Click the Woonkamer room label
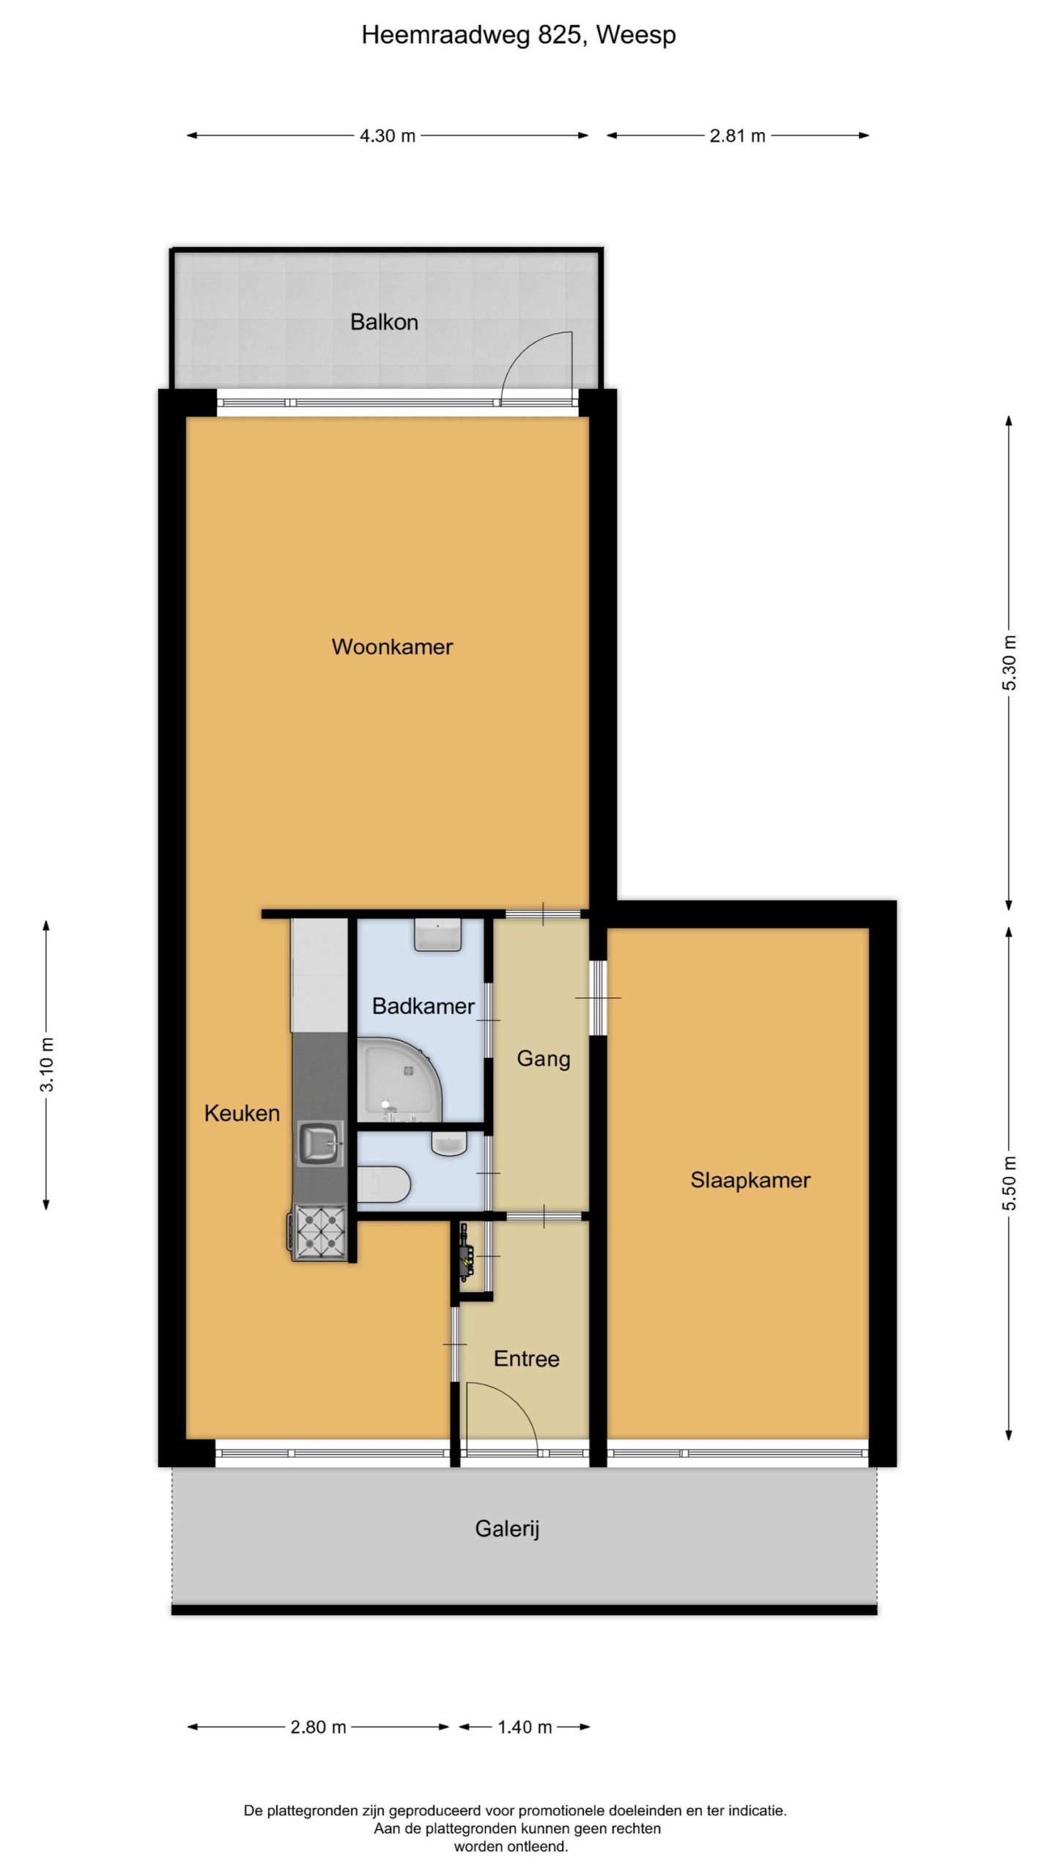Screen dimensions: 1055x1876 (x=392, y=646)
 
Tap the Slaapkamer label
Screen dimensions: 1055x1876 (x=750, y=1180)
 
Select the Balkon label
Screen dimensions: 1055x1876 (x=384, y=322)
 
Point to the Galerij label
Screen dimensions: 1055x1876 (x=507, y=1529)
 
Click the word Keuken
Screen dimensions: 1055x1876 (x=242, y=1113)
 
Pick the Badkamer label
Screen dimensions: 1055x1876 (x=423, y=1005)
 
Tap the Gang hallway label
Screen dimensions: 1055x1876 (x=544, y=1059)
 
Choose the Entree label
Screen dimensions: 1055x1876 (x=526, y=1359)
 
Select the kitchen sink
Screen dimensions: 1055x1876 (x=320, y=1144)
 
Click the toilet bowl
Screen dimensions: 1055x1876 (x=383, y=1184)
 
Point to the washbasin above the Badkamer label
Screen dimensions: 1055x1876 (x=438, y=935)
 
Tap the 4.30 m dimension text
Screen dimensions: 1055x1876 (x=388, y=136)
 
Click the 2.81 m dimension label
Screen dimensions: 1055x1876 (x=737, y=136)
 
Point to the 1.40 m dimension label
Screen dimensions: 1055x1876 (x=525, y=1727)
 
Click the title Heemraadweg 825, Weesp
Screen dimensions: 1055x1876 (x=519, y=34)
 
